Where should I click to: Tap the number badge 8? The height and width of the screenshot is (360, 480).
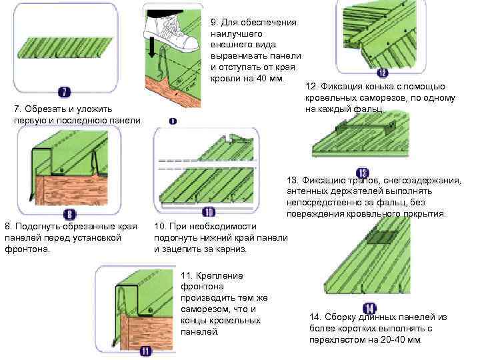click(70, 213)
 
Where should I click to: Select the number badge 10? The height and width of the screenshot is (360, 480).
click(208, 213)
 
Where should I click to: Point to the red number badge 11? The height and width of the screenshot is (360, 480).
click(145, 351)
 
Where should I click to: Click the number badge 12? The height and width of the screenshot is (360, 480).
click(382, 73)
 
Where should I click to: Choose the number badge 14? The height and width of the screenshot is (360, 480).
click(369, 308)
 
